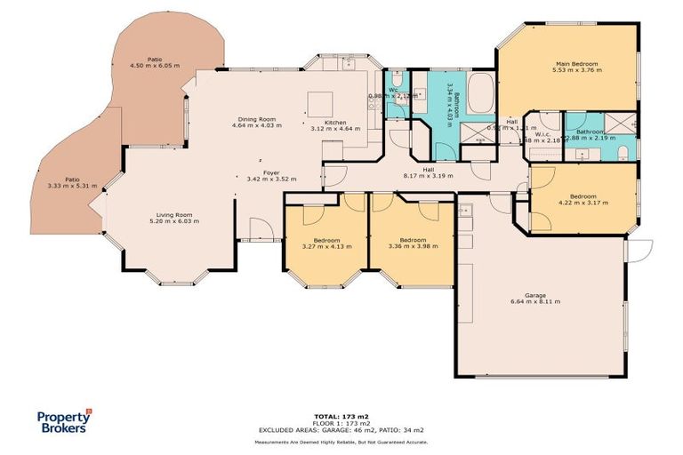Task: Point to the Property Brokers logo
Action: coord(63,420)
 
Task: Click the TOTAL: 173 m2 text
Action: coord(341,416)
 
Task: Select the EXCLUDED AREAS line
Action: coord(341,430)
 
